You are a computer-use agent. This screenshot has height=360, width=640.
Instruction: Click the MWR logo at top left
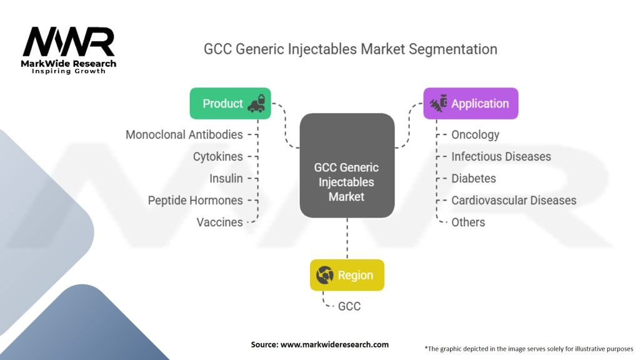(69, 42)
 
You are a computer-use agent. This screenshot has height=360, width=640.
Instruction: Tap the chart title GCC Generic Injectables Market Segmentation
(350, 49)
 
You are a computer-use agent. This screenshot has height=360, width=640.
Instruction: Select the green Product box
(230, 103)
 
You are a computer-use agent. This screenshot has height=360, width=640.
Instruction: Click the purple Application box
(471, 103)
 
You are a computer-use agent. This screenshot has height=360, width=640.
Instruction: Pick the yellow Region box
(347, 275)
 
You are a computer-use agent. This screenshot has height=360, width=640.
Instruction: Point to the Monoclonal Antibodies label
(184, 134)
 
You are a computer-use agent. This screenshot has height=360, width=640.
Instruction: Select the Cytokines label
(217, 156)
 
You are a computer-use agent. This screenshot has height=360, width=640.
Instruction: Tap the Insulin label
(226, 178)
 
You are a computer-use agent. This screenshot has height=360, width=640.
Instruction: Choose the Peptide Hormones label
(195, 200)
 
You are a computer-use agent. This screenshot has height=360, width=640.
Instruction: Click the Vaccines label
(219, 222)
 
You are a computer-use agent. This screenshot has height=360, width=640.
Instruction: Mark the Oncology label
(475, 134)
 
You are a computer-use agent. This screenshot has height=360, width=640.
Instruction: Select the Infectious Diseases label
(501, 156)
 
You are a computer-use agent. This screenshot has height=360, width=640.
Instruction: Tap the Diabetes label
(473, 178)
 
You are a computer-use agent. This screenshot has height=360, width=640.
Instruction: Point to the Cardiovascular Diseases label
(514, 200)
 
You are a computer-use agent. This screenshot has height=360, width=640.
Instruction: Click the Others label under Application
(468, 222)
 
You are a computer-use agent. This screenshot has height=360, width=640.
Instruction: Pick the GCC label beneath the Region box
(349, 306)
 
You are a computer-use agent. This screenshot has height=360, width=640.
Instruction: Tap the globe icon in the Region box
(324, 275)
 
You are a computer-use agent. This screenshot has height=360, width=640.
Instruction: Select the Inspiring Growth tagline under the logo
(69, 71)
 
